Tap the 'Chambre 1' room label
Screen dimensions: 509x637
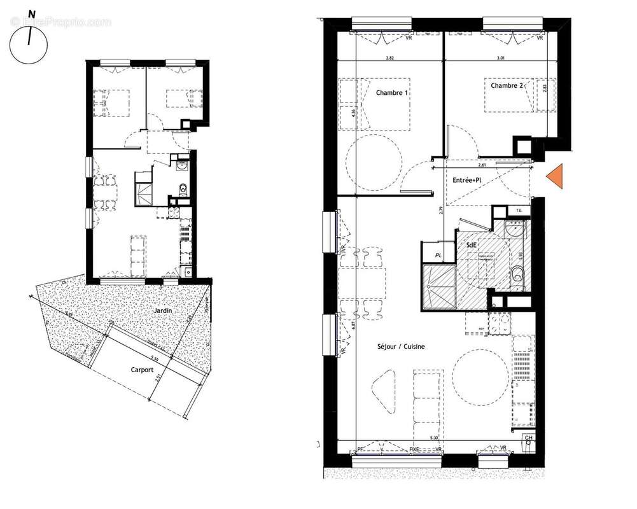pyautogui.click(x=391, y=93)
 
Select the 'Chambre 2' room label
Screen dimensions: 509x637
pyautogui.click(x=507, y=85)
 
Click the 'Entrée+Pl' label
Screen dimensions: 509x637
pyautogui.click(x=466, y=181)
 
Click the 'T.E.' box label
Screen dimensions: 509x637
pyautogui.click(x=519, y=210)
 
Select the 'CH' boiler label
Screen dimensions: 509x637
pyautogui.click(x=528, y=438)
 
